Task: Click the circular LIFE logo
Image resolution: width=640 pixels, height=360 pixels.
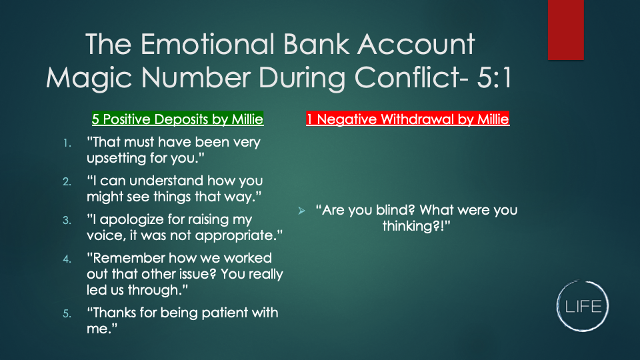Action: [583, 306]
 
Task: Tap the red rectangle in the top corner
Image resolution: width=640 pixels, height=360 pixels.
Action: [566, 30]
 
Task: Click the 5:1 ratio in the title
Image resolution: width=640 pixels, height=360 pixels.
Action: [494, 77]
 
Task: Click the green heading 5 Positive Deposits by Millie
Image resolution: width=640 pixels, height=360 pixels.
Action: [177, 119]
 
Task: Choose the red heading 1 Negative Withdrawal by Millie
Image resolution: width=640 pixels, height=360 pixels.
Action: [408, 119]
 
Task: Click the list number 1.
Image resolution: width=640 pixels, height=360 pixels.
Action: [67, 143]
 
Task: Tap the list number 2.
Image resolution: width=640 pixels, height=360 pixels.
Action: [67, 181]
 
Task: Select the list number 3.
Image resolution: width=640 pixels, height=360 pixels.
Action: [67, 221]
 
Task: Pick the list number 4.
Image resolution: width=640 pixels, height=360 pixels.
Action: [67, 259]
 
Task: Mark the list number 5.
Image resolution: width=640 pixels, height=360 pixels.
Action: [67, 313]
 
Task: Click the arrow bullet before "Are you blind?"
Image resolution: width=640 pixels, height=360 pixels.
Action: [301, 211]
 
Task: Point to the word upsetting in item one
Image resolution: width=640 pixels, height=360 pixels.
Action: [116, 159]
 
